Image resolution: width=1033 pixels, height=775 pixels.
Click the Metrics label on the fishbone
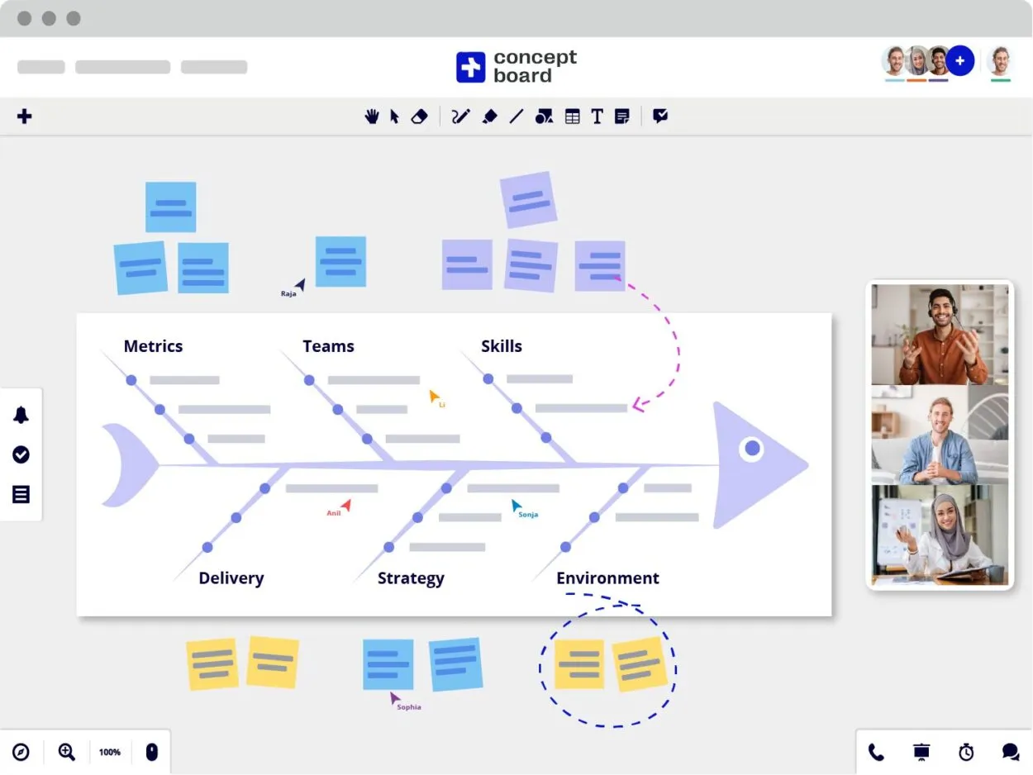tap(153, 346)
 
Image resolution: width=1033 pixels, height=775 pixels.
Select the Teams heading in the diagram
tap(328, 346)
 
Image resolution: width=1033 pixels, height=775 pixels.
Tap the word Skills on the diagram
tap(502, 346)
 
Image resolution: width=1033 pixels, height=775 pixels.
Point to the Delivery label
tap(231, 578)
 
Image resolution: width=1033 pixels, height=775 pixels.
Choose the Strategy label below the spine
tap(411, 578)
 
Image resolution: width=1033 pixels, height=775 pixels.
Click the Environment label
tap(607, 578)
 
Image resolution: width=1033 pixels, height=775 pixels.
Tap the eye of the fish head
tap(752, 449)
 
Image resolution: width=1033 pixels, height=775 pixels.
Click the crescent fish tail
tap(124, 464)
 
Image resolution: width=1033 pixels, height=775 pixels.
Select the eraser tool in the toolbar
tap(419, 116)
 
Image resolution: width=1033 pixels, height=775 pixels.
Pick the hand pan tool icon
tap(372, 116)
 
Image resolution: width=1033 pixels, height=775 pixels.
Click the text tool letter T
tap(597, 116)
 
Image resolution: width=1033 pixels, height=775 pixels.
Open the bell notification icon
tap(21, 415)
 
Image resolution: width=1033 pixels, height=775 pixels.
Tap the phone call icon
tap(876, 752)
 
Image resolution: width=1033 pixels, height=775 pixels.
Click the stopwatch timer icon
tap(966, 752)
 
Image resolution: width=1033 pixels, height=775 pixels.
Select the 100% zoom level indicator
tap(110, 752)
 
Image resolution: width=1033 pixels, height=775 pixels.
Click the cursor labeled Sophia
tap(396, 699)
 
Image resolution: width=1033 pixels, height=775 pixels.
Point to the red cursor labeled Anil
tap(346, 504)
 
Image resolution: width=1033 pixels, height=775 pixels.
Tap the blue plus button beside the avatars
tap(959, 60)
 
